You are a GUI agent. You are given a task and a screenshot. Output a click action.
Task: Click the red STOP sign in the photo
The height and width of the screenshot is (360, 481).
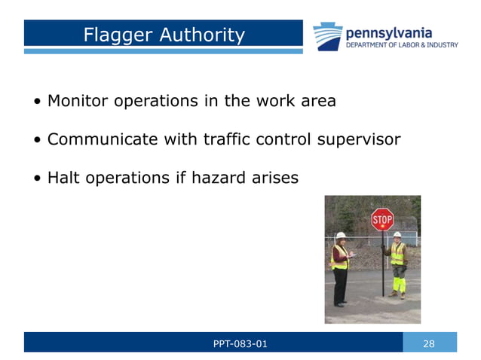[x=382, y=220]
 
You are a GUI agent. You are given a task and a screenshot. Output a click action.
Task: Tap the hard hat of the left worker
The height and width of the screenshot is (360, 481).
[x=341, y=236]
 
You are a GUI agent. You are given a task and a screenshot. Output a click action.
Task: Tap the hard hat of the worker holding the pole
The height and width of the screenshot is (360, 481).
[x=397, y=235]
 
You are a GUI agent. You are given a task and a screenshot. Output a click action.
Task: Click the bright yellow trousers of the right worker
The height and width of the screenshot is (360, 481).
[x=398, y=282]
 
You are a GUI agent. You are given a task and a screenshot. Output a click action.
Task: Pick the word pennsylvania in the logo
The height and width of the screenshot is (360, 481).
[x=388, y=32]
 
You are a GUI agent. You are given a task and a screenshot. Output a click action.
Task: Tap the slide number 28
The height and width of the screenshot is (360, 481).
[x=429, y=344]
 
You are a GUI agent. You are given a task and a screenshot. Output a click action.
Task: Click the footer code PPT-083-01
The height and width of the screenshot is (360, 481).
[x=240, y=344]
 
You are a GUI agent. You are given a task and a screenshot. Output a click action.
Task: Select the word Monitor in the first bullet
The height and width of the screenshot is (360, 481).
[x=78, y=100]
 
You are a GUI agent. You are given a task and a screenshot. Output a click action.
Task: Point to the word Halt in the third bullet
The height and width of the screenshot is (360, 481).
[x=63, y=178]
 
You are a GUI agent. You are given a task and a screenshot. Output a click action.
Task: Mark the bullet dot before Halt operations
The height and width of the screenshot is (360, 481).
[x=37, y=179]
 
